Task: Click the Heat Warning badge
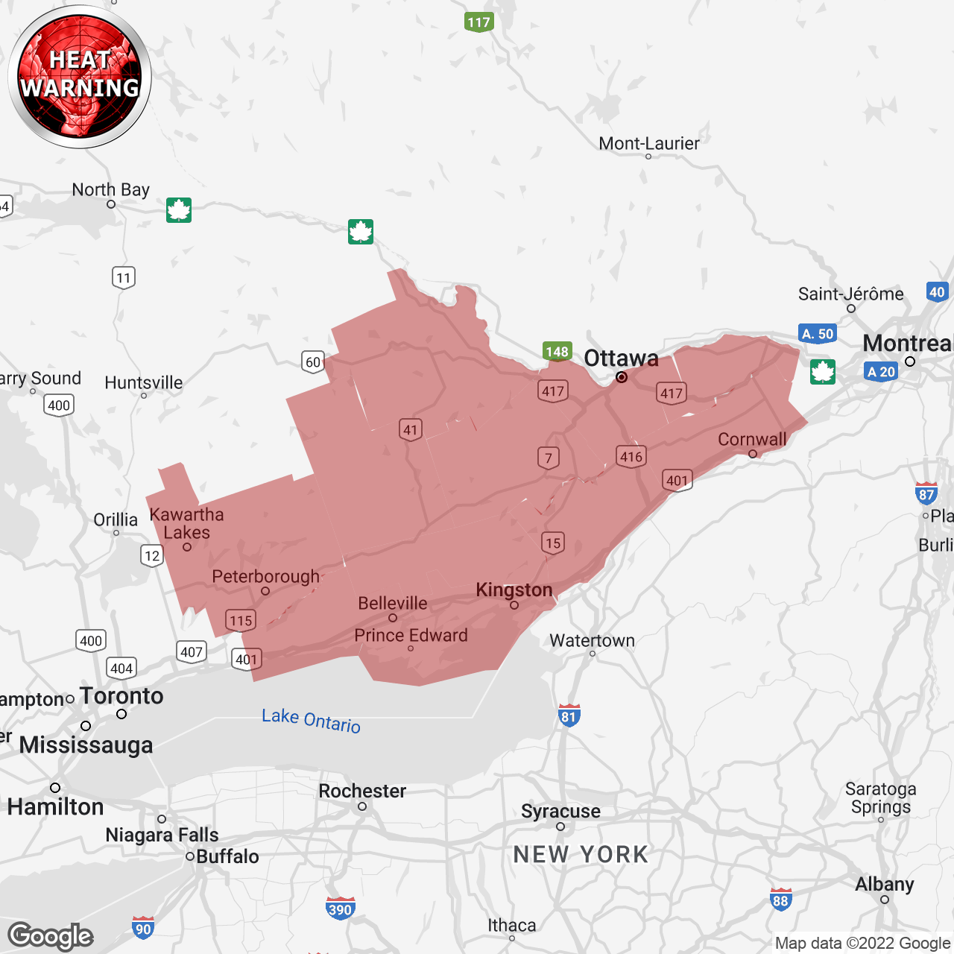tap(80, 76)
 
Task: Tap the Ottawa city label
tap(621, 358)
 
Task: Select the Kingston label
tap(514, 590)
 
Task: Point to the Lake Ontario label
tap(311, 720)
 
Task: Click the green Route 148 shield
tap(557, 352)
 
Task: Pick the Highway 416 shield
tap(631, 457)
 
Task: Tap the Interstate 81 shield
tap(569, 715)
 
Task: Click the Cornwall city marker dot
tap(753, 454)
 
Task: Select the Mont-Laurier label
tap(649, 144)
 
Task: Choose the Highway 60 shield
tap(313, 362)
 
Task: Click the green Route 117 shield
tap(478, 22)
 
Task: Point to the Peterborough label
tap(266, 577)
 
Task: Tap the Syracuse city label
tap(560, 811)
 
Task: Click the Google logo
tap(51, 936)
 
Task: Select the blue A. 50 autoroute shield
tap(818, 334)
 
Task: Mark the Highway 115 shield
tap(241, 621)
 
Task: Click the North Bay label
tap(111, 190)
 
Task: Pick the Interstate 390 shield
tap(340, 909)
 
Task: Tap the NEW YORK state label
tap(581, 854)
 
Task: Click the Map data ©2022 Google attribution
tap(862, 943)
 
